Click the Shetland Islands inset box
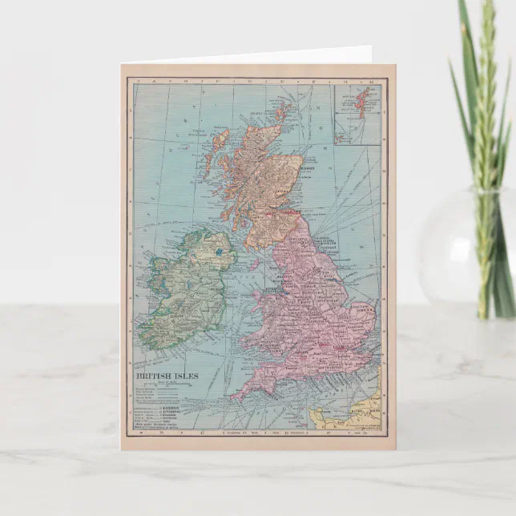pos(357,112)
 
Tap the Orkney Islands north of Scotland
pos(283,111)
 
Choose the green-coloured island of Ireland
pos(188,288)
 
